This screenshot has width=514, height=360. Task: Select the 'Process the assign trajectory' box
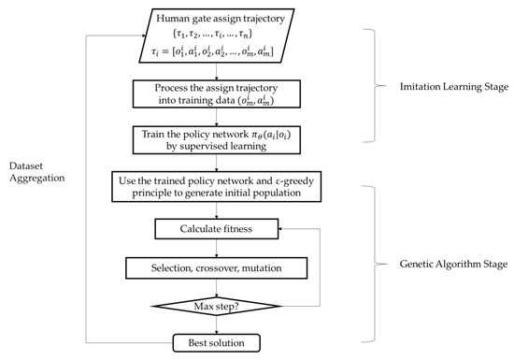217,94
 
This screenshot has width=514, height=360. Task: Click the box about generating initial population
217,185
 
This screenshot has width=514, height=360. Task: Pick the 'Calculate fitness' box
217,227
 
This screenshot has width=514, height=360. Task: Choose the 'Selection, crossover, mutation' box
217,267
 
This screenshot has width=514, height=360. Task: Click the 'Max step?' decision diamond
217,306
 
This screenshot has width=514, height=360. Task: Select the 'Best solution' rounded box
217,343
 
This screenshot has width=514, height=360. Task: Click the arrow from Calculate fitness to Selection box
217,247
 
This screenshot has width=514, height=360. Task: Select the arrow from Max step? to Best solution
217,325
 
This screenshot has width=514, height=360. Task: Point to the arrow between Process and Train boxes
217,118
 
